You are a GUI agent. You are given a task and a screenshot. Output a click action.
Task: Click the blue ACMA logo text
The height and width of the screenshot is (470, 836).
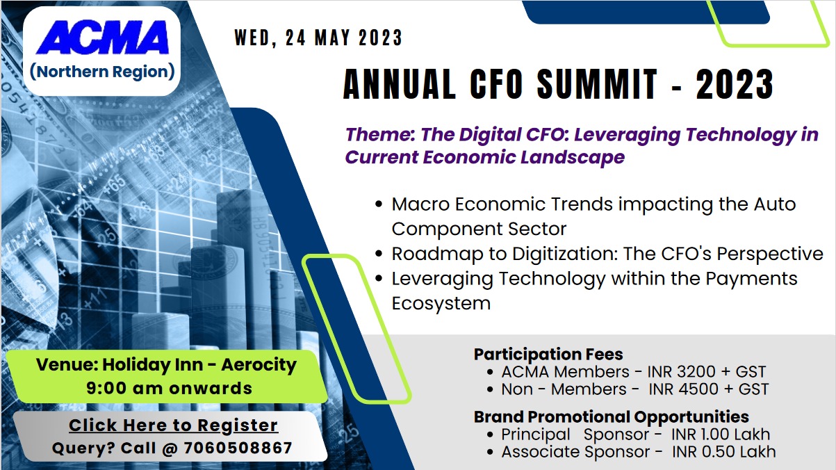click(103, 38)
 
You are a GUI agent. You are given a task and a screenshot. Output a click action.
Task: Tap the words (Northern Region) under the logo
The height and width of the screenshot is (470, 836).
click(102, 72)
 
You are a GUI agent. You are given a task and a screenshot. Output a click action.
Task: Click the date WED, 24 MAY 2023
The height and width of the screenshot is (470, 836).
click(318, 38)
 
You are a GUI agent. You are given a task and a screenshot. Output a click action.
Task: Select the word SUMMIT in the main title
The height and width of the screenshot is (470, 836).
click(597, 84)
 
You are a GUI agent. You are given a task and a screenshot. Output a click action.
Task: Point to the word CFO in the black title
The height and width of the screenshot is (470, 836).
click(496, 84)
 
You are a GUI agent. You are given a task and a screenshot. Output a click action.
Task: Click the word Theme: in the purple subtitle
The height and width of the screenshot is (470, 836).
click(380, 134)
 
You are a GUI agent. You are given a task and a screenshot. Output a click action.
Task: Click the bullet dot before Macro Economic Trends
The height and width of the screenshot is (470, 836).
click(379, 204)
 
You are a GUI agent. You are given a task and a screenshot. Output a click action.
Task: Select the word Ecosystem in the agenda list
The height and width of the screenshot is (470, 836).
click(441, 303)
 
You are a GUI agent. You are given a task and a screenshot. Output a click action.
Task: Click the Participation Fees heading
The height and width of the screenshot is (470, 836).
click(548, 355)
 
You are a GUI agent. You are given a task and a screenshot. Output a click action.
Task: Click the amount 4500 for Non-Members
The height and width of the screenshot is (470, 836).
click(698, 389)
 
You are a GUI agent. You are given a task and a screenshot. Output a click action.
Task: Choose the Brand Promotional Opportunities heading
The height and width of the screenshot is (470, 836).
click(612, 417)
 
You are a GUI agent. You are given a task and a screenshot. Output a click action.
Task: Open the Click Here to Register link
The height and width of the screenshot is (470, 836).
click(173, 426)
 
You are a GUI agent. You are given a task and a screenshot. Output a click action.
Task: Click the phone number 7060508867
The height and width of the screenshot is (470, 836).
click(238, 448)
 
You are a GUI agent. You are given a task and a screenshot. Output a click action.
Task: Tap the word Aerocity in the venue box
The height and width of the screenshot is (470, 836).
click(259, 365)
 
